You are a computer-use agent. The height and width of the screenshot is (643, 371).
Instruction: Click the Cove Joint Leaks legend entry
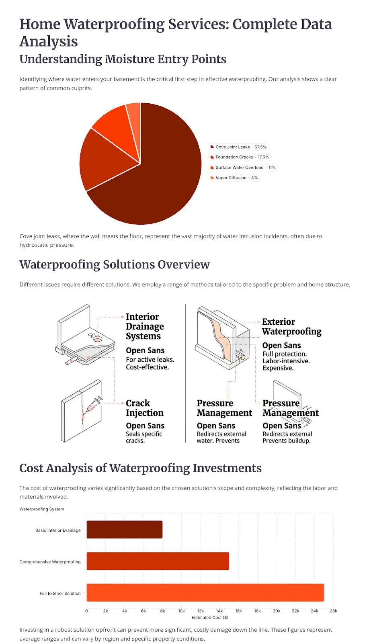coord(238,147)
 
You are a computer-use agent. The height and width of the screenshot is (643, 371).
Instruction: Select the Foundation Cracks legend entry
coord(240,157)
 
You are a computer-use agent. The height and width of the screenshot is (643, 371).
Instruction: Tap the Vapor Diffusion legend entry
coord(234,178)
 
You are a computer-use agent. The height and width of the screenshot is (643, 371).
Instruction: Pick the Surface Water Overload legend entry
coord(243,168)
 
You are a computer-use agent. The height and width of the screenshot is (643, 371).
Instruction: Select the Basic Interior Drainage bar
coord(125,529)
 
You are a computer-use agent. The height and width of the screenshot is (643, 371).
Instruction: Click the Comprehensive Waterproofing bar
coord(158,561)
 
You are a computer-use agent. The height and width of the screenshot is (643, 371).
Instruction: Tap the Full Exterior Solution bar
coord(205,592)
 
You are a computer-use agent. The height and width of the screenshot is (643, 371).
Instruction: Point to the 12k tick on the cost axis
coord(201,611)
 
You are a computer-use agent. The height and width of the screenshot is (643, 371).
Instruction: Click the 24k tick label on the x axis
coord(314,611)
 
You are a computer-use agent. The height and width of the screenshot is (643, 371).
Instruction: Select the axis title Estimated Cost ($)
coord(210,618)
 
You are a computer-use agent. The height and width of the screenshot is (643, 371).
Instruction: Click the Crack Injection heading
coord(144,408)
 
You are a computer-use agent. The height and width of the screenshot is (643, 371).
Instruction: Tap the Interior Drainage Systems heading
coord(145,326)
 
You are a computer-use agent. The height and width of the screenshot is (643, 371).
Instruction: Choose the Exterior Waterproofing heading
coord(291,327)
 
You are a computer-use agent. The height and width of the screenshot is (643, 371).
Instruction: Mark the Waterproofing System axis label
coord(42,509)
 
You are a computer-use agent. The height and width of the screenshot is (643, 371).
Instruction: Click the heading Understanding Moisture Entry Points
coord(123,59)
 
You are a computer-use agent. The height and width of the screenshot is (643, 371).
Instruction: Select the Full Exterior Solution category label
coord(60,593)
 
